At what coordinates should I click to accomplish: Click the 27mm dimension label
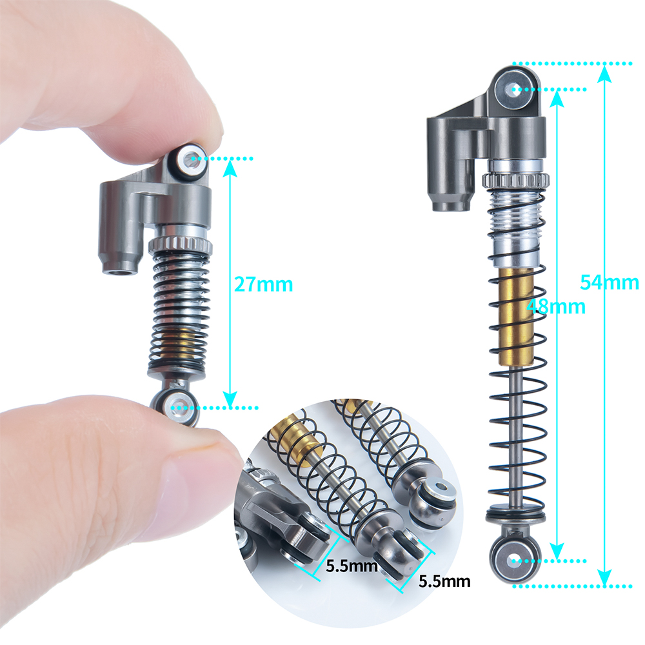tap(263, 284)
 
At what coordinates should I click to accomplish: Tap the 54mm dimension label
tap(610, 283)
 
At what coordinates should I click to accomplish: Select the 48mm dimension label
tap(556, 306)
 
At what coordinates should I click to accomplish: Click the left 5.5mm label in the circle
tap(352, 566)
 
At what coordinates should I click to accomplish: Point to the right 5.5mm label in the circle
tap(444, 581)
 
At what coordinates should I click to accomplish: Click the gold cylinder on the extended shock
tap(517, 316)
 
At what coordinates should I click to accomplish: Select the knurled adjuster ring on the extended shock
tap(516, 180)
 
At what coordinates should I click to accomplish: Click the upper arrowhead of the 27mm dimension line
tap(230, 168)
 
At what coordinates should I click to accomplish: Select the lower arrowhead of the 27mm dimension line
tap(230, 399)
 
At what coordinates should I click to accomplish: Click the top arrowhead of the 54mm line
tap(604, 74)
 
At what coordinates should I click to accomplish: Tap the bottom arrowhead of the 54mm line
tap(604, 577)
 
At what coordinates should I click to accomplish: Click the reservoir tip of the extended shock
tap(450, 204)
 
